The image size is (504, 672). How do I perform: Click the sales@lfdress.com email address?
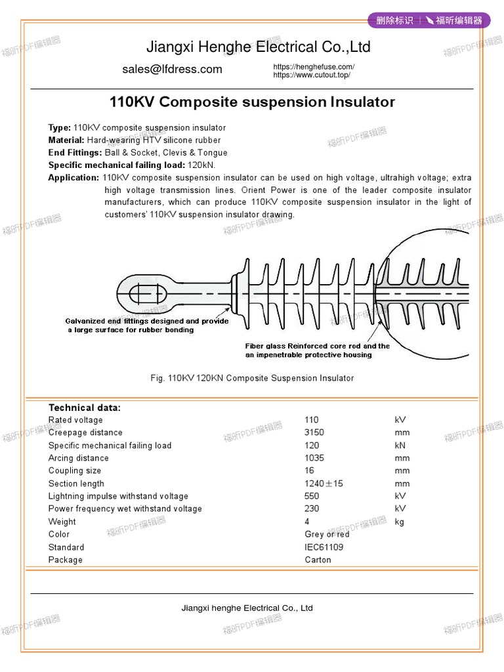pyautogui.click(x=172, y=70)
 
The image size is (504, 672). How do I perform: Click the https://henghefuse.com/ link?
pyautogui.click(x=314, y=67)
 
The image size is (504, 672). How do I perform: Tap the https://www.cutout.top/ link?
pyautogui.click(x=312, y=75)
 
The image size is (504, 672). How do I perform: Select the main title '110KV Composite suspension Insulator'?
pyautogui.click(x=251, y=102)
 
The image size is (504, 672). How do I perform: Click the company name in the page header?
pyautogui.click(x=258, y=47)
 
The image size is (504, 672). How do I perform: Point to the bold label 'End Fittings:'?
pyautogui.click(x=75, y=153)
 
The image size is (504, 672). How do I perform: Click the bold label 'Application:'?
pyautogui.click(x=73, y=178)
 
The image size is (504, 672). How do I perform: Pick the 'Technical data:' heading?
pyautogui.click(x=85, y=408)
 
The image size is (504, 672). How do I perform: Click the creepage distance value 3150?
pyautogui.click(x=314, y=432)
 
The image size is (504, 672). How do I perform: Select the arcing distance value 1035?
pyautogui.click(x=314, y=458)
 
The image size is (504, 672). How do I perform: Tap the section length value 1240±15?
pyautogui.click(x=324, y=484)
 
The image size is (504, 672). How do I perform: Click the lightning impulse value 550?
pyautogui.click(x=312, y=496)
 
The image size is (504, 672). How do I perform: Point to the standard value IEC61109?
pyautogui.click(x=324, y=547)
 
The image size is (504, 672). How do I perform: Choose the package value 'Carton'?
pyautogui.click(x=318, y=560)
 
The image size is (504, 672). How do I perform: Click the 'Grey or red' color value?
pyautogui.click(x=327, y=534)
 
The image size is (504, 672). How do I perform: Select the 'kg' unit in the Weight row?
pyautogui.click(x=400, y=522)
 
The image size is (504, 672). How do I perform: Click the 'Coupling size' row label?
pyautogui.click(x=75, y=471)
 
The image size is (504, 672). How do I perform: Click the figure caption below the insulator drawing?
pyautogui.click(x=251, y=378)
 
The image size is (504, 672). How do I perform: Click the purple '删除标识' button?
pyautogui.click(x=394, y=20)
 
